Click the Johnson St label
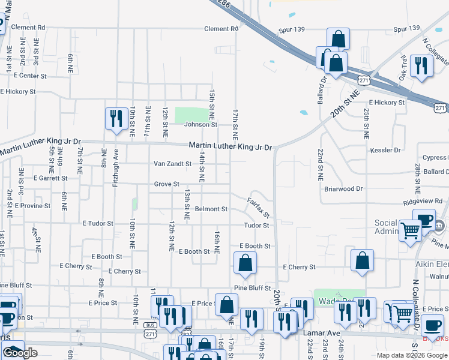pyautogui.click(x=200, y=125)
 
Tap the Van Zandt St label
pyautogui.click(x=172, y=163)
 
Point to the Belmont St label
pyautogui.click(x=211, y=209)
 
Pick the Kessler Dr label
pyautogui.click(x=385, y=150)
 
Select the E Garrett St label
pyautogui.click(x=52, y=178)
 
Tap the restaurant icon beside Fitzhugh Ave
pyautogui.click(x=116, y=118)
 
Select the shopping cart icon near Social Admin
pyautogui.click(x=411, y=230)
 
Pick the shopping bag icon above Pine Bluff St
pyautogui.click(x=245, y=263)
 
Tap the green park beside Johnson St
pyautogui.click(x=189, y=114)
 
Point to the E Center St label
pyautogui.click(x=25, y=76)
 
